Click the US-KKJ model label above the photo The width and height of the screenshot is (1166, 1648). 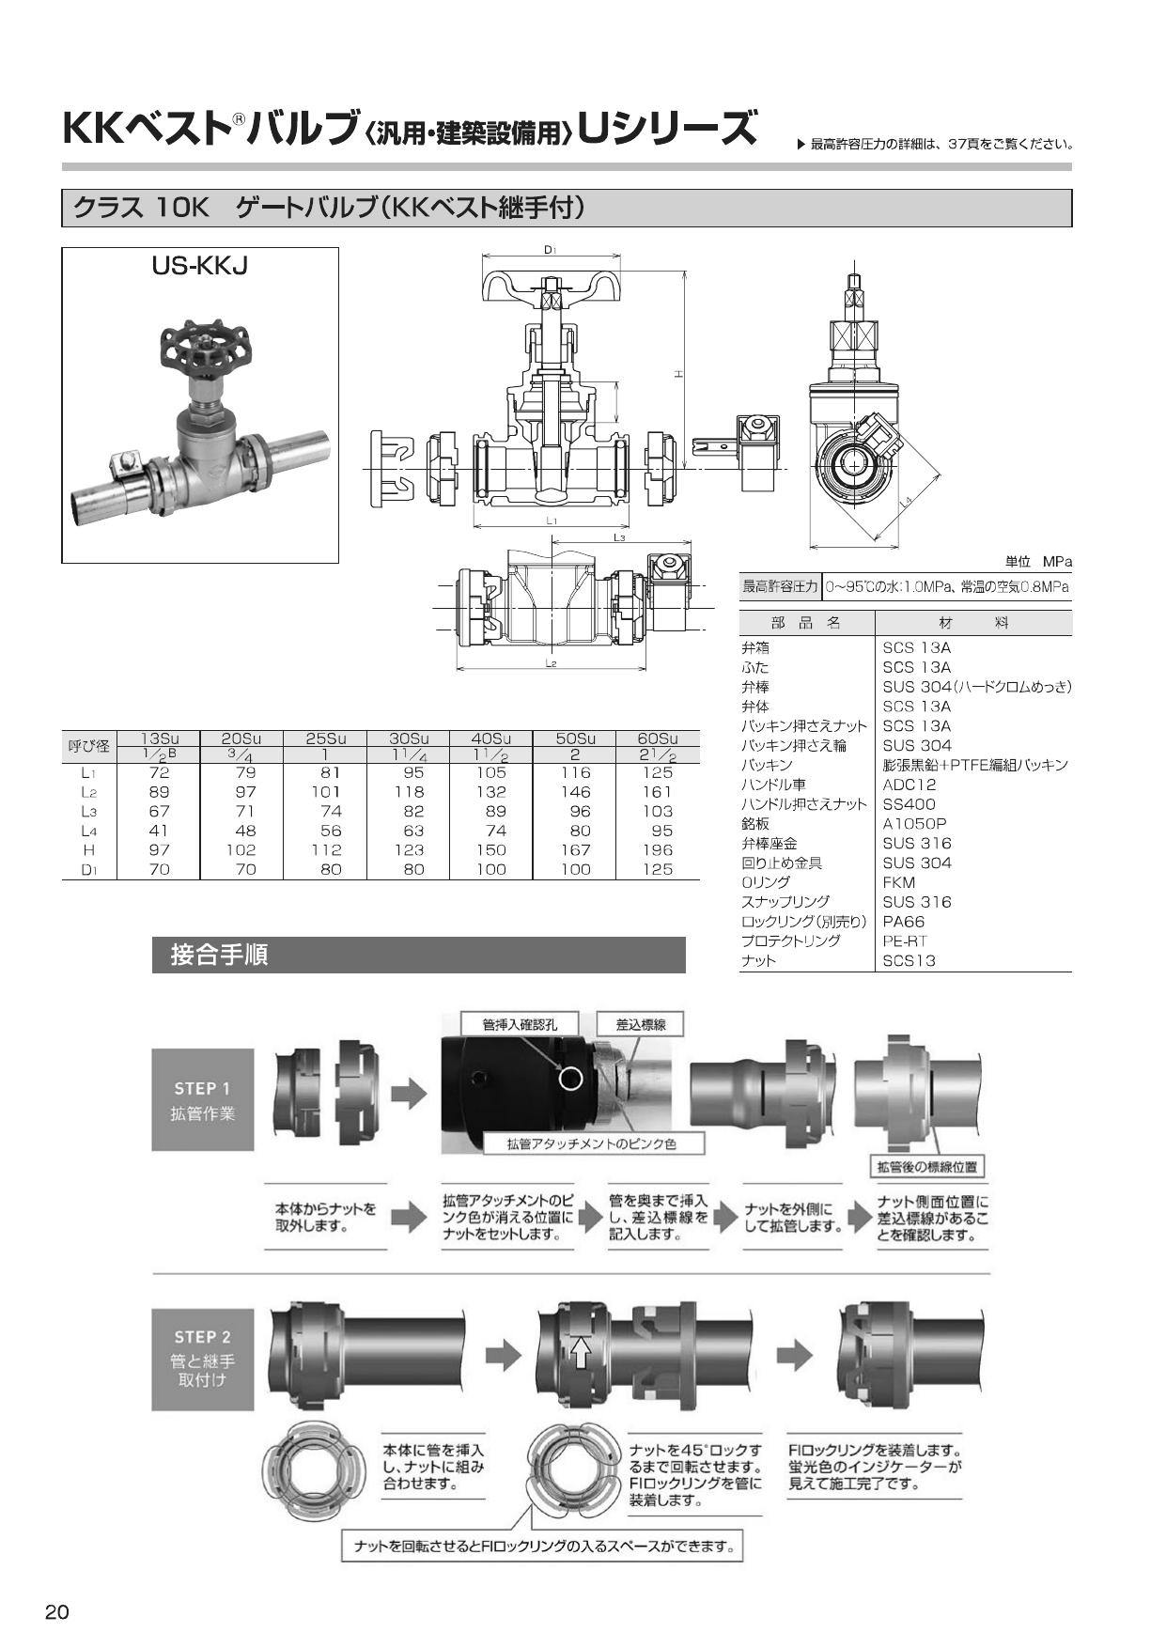[x=199, y=266]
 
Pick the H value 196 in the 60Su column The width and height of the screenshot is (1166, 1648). [x=657, y=849]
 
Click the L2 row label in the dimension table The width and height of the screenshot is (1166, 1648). [x=88, y=792]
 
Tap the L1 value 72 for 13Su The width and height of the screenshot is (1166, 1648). [x=160, y=772]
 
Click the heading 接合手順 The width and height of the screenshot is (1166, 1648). [x=220, y=955]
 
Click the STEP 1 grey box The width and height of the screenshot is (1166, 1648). [x=203, y=1100]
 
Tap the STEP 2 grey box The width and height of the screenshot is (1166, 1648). [x=203, y=1358]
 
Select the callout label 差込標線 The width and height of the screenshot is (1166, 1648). [x=641, y=1024]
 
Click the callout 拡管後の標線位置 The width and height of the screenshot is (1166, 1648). [x=926, y=1167]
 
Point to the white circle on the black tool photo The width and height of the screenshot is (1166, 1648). [x=570, y=1078]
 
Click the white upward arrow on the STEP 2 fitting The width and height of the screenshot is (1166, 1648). [x=581, y=1352]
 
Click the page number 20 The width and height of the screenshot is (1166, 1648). [x=56, y=1612]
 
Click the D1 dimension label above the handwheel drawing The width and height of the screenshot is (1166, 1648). [x=551, y=251]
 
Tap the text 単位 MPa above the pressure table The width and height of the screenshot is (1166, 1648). [x=1037, y=562]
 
